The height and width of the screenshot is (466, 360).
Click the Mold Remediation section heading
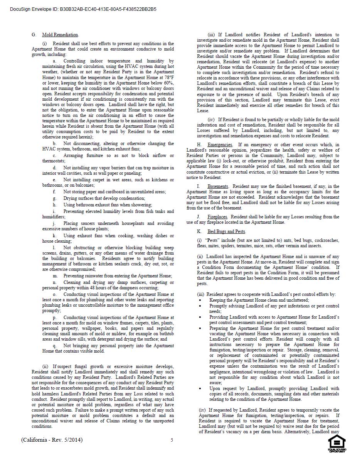60,35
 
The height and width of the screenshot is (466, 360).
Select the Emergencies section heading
220,145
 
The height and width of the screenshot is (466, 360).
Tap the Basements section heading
218,186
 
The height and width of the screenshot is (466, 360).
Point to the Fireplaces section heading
217,217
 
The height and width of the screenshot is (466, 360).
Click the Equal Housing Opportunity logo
336,444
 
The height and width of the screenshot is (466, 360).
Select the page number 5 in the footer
172,440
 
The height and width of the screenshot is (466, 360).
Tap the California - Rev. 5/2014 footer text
52,440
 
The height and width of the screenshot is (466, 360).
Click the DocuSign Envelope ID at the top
83,9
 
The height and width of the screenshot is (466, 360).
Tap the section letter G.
34,35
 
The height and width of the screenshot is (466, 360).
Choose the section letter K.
199,231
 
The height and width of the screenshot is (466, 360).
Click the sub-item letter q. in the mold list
55,346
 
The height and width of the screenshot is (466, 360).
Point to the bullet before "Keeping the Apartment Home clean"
200,300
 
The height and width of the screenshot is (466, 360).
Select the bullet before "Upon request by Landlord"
200,388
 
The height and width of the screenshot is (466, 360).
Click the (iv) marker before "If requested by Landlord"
202,410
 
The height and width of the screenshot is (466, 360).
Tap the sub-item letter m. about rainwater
55,276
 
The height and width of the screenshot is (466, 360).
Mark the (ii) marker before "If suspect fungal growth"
45,366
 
